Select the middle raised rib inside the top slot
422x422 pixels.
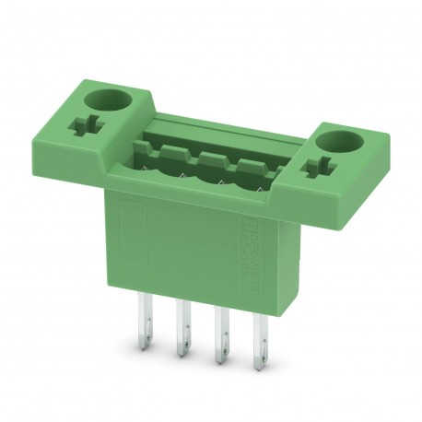208,158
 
